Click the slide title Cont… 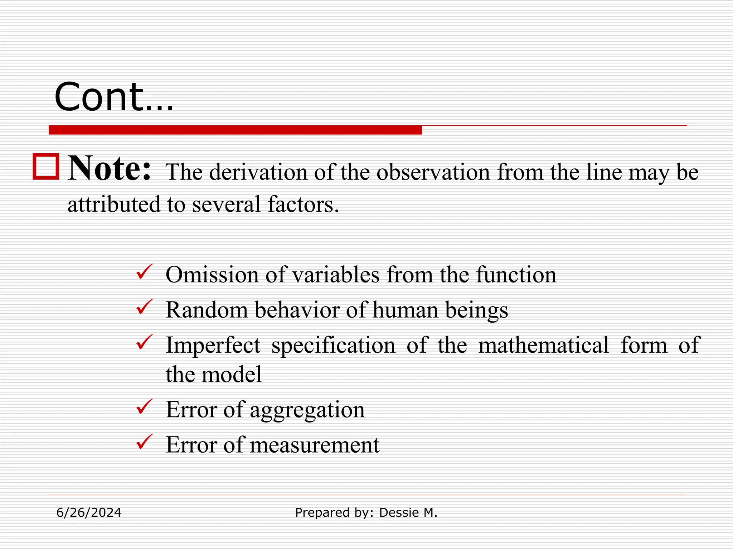coord(114,97)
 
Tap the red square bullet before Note coord(46,167)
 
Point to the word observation coord(433,172)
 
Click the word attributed coord(114,204)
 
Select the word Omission coord(212,275)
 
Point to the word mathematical coord(543,345)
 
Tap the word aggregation coord(307,410)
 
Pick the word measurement coord(314,445)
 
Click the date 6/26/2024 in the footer coord(89,513)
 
